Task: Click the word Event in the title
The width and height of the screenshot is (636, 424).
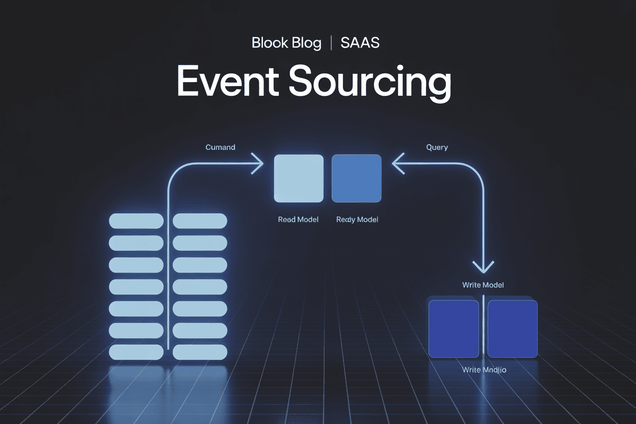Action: tap(227, 82)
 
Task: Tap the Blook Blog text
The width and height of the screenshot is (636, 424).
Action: tap(286, 43)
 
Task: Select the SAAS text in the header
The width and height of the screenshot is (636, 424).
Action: tap(360, 43)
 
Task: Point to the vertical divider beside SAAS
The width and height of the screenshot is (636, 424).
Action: tap(331, 43)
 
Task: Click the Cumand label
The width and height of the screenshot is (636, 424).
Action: tap(220, 147)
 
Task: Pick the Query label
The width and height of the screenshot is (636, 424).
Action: tap(437, 147)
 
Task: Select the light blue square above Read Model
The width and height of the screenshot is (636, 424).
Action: tap(299, 178)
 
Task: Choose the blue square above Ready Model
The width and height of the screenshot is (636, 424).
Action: tap(356, 178)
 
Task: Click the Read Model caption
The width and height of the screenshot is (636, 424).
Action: tap(298, 220)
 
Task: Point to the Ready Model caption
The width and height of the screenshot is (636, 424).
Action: tap(357, 220)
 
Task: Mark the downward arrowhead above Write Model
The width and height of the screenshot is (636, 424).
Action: tap(483, 267)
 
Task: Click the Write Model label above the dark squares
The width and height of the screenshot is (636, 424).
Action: tap(483, 285)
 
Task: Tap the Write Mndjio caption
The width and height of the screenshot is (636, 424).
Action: tap(484, 369)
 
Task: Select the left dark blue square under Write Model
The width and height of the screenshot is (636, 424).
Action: tap(454, 329)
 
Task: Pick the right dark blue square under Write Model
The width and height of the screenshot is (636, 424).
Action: tap(512, 329)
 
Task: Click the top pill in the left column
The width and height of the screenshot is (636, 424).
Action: tap(136, 221)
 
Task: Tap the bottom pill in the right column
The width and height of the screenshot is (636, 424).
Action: tap(200, 352)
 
